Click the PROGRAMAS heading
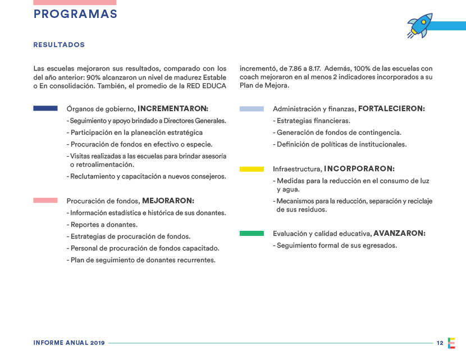coord(75,15)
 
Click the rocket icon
coord(421,25)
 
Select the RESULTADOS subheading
coord(59,44)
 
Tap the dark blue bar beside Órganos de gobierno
coord(45,108)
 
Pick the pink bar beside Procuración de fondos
coord(45,200)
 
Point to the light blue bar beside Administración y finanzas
coord(252,108)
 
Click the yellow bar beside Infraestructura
coord(252,168)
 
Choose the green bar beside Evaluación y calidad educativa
coord(252,233)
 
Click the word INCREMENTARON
coord(173,108)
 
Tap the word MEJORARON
coord(168,200)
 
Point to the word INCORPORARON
coord(359,168)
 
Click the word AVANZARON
coord(399,233)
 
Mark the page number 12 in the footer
coord(440,343)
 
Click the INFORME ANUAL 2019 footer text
coord(69,343)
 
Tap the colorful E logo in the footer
coord(452,343)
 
